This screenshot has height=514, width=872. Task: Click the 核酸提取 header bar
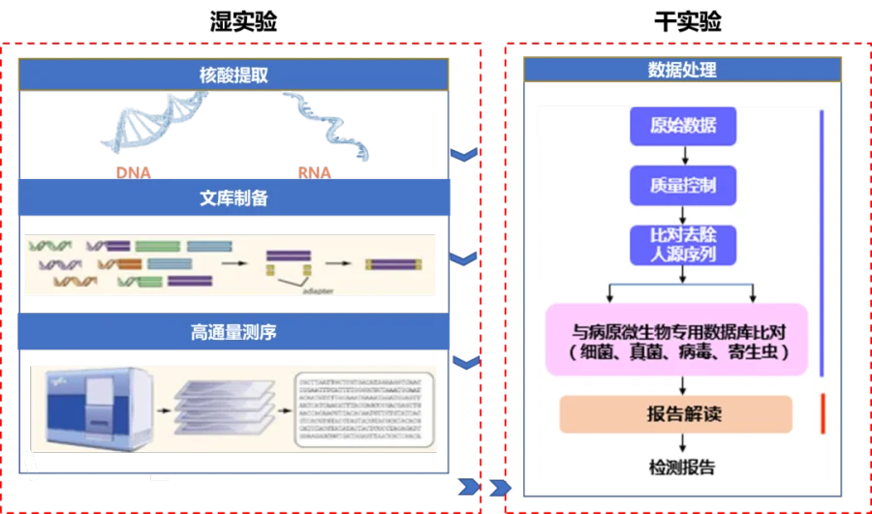click(x=233, y=74)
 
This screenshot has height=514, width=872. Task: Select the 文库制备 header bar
click(x=233, y=198)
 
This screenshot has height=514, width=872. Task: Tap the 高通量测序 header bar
click(x=233, y=332)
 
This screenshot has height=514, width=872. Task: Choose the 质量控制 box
click(x=683, y=185)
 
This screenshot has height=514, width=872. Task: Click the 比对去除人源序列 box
click(x=683, y=246)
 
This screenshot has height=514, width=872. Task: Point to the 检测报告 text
click(x=682, y=468)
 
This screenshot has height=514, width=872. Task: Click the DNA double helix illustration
click(x=155, y=127)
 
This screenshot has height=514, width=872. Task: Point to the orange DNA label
click(x=135, y=173)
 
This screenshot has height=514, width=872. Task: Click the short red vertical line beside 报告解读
click(x=822, y=413)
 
